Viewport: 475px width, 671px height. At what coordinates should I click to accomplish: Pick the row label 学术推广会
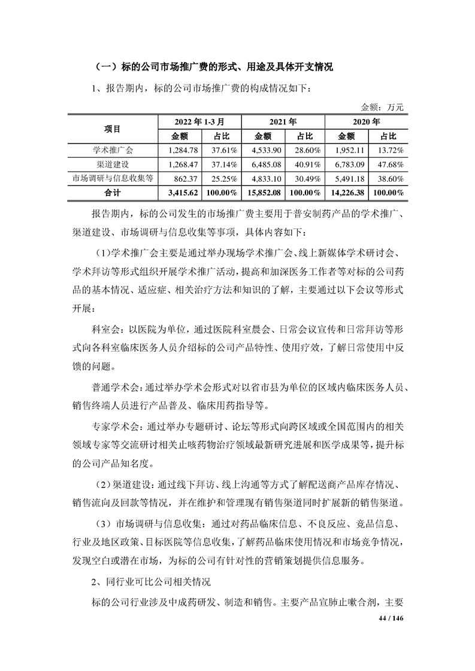click(x=112, y=150)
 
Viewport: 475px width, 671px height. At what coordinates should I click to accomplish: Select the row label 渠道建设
click(x=112, y=164)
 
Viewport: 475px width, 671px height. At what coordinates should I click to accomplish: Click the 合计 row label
click(x=112, y=193)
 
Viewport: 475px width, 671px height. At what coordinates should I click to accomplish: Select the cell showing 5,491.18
click(x=346, y=178)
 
